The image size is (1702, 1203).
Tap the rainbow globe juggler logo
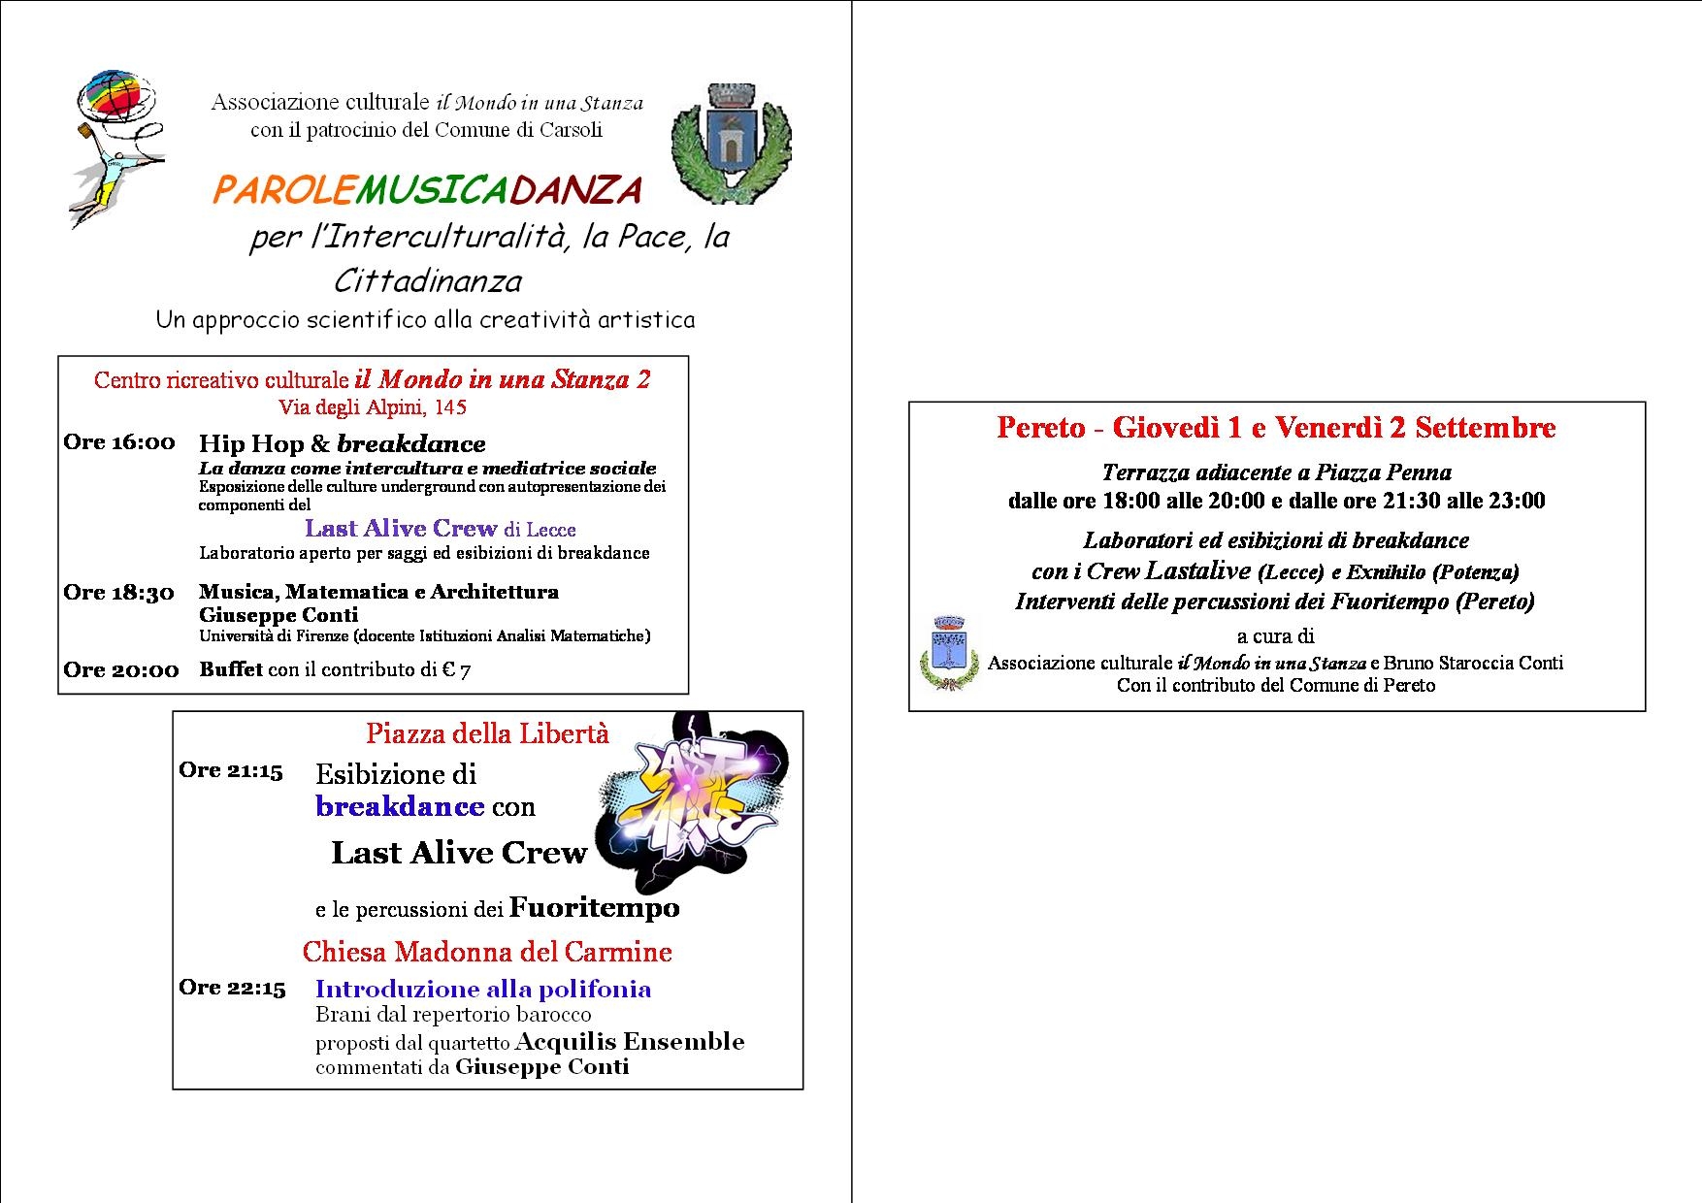click(115, 146)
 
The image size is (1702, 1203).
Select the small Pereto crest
click(947, 652)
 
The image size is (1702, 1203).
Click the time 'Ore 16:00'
click(119, 442)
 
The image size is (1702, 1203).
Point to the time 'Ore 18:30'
click(119, 593)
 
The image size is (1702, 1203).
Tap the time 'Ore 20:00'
click(121, 669)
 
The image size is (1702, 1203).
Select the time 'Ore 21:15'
click(231, 770)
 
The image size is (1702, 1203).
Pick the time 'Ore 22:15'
click(232, 988)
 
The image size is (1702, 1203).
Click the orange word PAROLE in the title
click(282, 190)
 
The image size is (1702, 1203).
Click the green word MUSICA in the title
click(430, 190)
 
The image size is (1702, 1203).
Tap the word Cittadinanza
click(428, 281)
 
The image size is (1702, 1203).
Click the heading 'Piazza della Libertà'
click(487, 733)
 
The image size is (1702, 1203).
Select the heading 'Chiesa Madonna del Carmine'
click(487, 952)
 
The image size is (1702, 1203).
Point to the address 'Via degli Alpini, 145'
click(373, 407)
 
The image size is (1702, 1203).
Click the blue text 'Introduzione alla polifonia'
click(483, 989)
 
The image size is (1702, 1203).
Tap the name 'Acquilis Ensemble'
click(630, 1042)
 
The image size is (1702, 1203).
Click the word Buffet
click(231, 669)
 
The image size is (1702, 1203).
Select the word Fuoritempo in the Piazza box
click(594, 908)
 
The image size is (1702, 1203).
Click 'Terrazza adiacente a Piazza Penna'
click(1277, 472)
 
